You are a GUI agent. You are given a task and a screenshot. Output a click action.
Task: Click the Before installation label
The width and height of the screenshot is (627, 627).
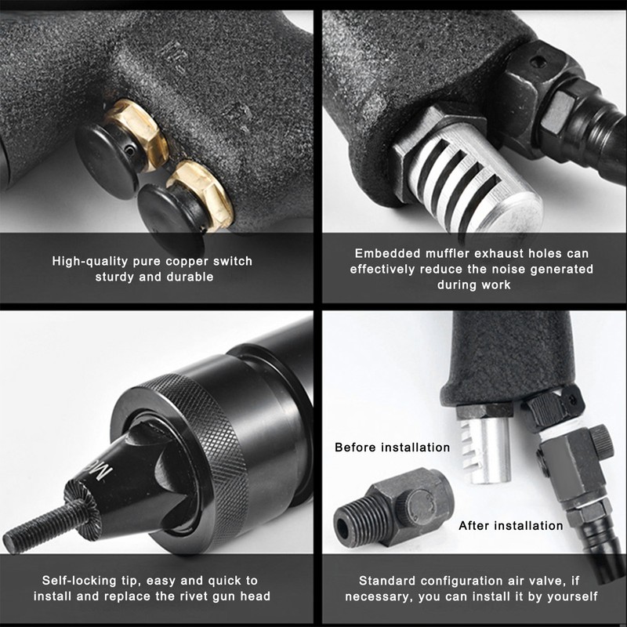tap(392, 448)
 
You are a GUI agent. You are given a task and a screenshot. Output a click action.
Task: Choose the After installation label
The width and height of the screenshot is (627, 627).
tap(510, 525)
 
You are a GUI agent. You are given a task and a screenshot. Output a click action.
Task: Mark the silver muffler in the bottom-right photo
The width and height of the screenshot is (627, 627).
tap(484, 448)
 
